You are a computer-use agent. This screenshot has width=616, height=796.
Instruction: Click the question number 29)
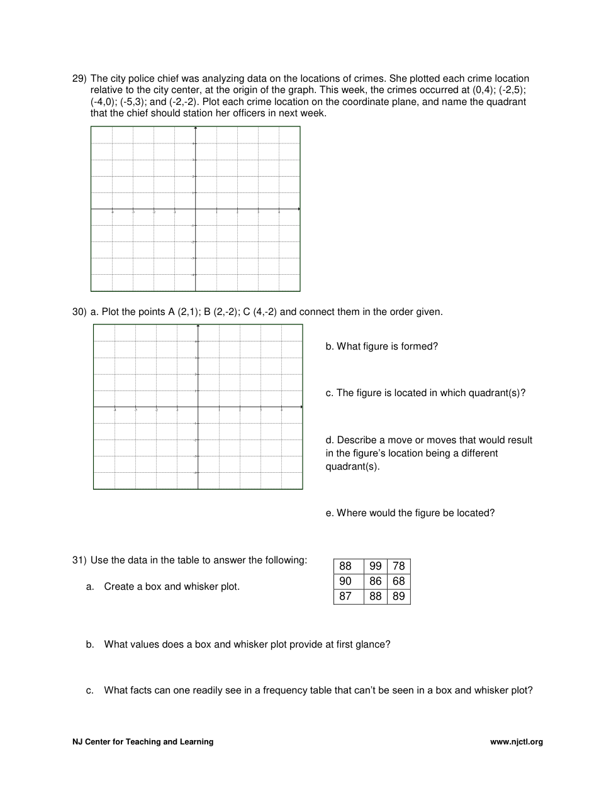point(79,79)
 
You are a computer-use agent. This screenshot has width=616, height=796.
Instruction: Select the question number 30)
point(79,312)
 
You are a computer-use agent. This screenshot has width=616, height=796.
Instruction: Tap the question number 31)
point(79,560)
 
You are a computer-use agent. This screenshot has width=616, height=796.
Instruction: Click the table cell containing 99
point(376,566)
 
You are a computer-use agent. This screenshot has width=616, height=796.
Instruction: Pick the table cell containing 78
point(398,566)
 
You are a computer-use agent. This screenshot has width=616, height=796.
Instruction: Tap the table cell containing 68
point(398,581)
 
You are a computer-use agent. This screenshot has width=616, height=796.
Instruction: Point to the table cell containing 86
point(376,581)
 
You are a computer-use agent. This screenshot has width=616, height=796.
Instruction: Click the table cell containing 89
point(398,596)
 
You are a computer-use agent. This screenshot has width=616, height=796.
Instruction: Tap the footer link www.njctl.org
point(516,742)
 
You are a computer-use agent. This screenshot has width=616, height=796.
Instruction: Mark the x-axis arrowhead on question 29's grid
point(299,209)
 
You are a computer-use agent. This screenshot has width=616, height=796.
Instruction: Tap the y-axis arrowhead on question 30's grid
point(198,326)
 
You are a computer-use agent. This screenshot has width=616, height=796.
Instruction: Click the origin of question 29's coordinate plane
point(196,209)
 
